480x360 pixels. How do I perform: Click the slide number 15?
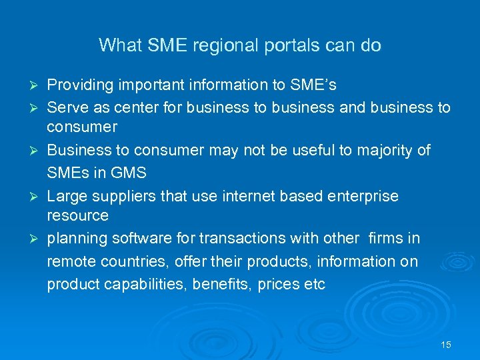pos(446,345)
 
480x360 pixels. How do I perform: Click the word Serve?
pos(65,107)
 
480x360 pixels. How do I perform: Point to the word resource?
pos(77,215)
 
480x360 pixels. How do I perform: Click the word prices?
pos(274,285)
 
